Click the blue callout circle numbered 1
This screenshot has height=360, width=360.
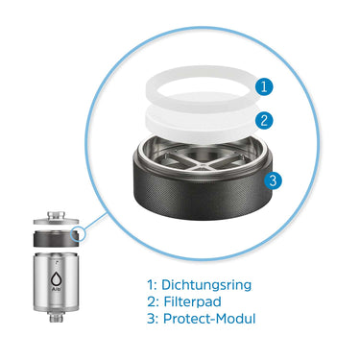(x=266, y=86)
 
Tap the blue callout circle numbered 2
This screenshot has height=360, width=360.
(x=266, y=121)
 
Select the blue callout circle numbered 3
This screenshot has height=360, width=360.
(x=273, y=180)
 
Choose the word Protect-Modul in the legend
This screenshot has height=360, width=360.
(x=210, y=320)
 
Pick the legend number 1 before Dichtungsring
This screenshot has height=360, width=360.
(x=150, y=285)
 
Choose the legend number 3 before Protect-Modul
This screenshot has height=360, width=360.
(x=151, y=320)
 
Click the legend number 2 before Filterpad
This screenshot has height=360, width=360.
(x=151, y=302)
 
